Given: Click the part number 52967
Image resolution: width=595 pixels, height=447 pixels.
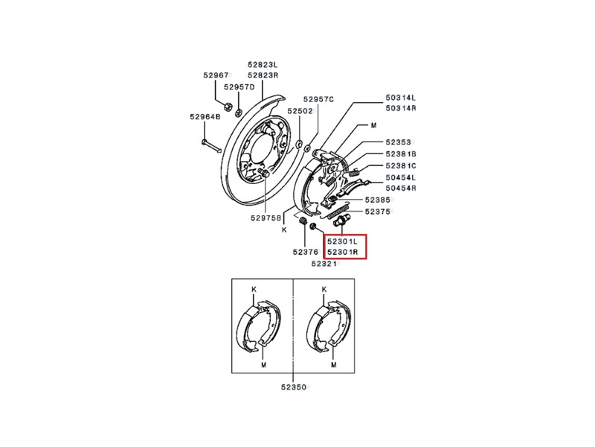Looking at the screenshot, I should coord(216,74).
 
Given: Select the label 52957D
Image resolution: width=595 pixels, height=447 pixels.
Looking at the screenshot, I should coord(239,87).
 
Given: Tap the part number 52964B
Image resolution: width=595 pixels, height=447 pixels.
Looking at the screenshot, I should coord(205,116).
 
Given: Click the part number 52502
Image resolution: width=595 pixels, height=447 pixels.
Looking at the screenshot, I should coord(300,110).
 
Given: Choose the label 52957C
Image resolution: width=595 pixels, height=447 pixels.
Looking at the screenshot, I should coord(318,99).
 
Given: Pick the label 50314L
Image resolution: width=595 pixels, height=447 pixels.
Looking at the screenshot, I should coord(400,98).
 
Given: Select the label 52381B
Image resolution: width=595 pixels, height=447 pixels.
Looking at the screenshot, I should coord(400,153).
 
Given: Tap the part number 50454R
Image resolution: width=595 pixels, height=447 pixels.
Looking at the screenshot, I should coord(400,189).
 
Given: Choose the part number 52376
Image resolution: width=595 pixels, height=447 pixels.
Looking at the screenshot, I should coord(306,251).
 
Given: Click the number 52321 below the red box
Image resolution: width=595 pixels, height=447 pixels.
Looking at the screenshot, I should coord(326,264).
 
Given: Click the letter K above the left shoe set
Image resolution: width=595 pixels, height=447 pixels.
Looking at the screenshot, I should coord(252,288).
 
